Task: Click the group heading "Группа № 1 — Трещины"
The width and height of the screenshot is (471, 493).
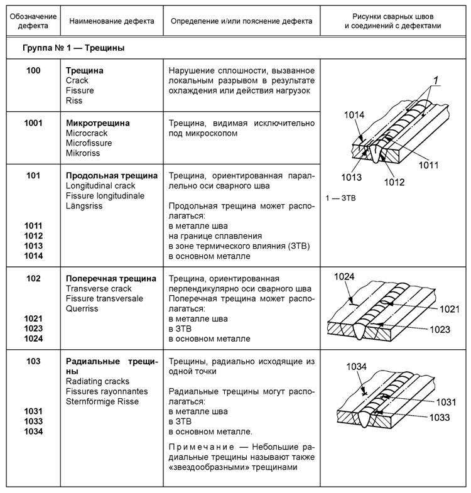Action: pyautogui.click(x=73, y=48)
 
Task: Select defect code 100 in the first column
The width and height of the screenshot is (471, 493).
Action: pyautogui.click(x=33, y=71)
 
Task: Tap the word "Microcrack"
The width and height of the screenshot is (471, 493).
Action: pyautogui.click(x=86, y=133)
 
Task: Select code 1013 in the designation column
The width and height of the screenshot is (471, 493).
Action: pyautogui.click(x=33, y=246)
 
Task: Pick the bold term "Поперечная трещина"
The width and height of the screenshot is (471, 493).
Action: pyautogui.click(x=111, y=278)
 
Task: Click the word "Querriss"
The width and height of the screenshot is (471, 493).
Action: pyautogui.click(x=82, y=308)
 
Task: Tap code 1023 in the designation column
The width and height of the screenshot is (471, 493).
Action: pyautogui.click(x=33, y=328)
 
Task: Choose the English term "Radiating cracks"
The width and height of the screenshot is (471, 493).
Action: pyautogui.click(x=97, y=381)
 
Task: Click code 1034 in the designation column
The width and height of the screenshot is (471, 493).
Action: pyautogui.click(x=33, y=431)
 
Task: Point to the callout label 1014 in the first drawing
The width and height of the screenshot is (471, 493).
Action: pyautogui.click(x=354, y=115)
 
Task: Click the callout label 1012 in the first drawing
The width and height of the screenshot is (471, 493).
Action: pyautogui.click(x=394, y=182)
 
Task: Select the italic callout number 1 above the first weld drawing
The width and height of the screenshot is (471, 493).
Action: pyautogui.click(x=433, y=80)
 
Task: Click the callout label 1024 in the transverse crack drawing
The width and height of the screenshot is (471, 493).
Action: pyautogui.click(x=345, y=276)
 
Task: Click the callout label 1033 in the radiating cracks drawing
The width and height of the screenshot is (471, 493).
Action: pyautogui.click(x=442, y=416)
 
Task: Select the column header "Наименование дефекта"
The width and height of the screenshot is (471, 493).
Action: pyautogui.click(x=112, y=21)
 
